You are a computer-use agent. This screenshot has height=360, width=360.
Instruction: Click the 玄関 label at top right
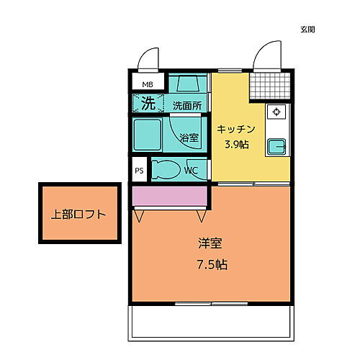307,30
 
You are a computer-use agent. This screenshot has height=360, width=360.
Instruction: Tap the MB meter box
147,84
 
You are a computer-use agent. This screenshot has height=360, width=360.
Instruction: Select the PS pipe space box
139,171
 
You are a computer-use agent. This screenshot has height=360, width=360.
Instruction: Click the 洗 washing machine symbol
147,103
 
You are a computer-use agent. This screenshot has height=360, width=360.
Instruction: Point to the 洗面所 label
187,105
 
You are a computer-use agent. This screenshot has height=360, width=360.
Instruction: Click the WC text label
191,171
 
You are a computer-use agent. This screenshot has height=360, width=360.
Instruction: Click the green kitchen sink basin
276,147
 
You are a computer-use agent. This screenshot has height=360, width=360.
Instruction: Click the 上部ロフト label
78,215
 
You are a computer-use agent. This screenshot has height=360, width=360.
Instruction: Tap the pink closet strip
170,195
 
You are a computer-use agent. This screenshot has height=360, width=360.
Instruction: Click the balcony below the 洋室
210,322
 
